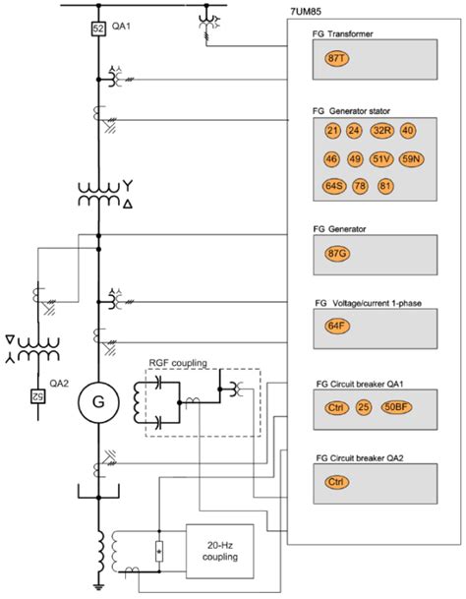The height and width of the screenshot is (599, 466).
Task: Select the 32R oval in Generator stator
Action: tap(382, 131)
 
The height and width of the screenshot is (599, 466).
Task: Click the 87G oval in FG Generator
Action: tap(337, 253)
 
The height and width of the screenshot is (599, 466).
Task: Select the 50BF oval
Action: tap(398, 406)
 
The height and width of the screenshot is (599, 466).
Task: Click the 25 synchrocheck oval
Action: tap(365, 406)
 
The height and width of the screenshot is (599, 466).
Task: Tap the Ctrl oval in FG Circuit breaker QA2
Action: tap(337, 482)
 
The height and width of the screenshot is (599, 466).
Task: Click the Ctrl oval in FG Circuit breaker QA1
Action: tap(336, 406)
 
